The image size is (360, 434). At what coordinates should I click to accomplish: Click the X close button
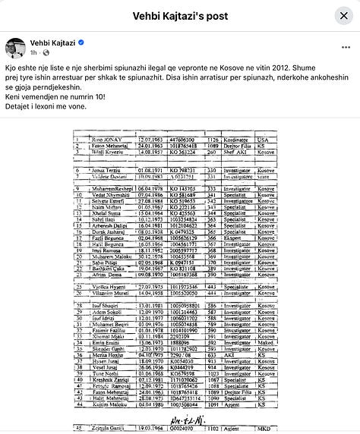[x=343, y=16]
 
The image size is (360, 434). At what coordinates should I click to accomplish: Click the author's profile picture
[x=16, y=48]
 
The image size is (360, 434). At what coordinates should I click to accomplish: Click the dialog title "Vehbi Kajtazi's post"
[x=179, y=16]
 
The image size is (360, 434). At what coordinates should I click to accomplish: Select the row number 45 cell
[x=78, y=428]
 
